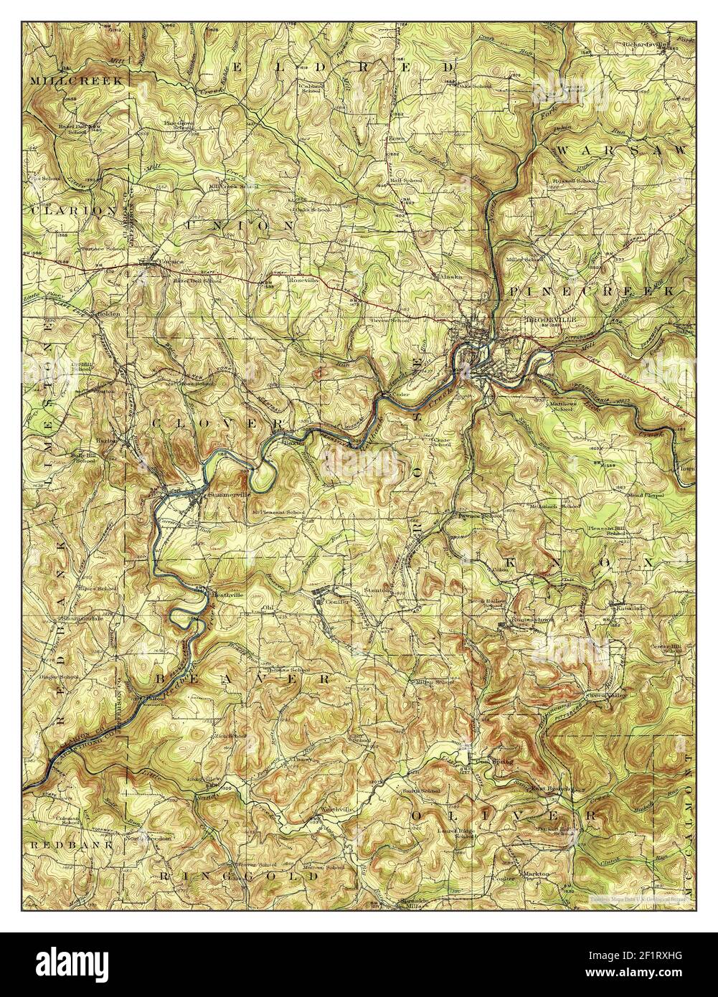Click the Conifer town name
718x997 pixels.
(x=335, y=602)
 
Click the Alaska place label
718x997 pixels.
(x=451, y=275)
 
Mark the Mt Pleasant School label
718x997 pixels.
(x=278, y=514)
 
